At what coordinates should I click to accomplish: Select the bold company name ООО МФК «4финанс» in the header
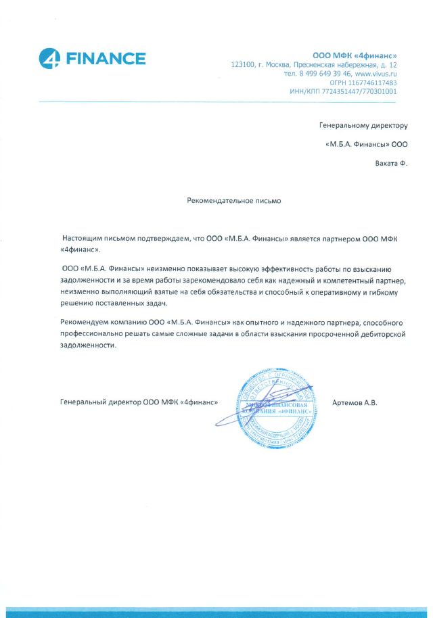tap(355, 54)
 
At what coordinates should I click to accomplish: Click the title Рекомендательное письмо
tap(233, 200)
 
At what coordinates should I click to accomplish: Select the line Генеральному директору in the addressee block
tap(363, 125)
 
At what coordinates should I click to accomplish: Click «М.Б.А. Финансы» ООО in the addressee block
tap(366, 144)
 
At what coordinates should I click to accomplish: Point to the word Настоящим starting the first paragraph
tap(83, 239)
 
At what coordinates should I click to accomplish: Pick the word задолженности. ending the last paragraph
tap(84, 344)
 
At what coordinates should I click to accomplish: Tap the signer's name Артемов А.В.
tap(355, 402)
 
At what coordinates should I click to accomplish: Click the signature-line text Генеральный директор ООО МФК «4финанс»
tap(139, 402)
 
